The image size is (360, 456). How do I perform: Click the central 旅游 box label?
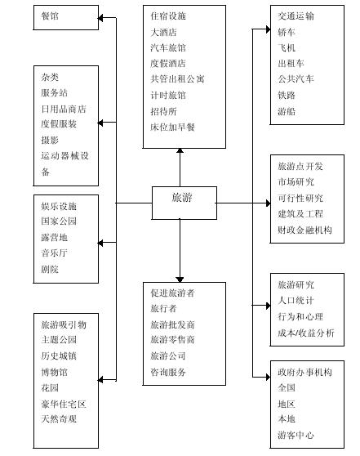[182, 198]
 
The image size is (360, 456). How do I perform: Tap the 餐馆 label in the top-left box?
[50, 16]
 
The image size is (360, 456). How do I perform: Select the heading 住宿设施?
[168, 16]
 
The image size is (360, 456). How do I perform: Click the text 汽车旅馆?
[168, 47]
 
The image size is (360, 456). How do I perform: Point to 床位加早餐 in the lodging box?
[172, 127]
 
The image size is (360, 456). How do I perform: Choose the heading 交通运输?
[296, 16]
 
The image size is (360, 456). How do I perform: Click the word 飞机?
[287, 47]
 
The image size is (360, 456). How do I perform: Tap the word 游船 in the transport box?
[287, 111]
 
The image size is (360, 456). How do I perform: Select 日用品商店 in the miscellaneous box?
[64, 109]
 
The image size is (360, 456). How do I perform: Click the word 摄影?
[50, 141]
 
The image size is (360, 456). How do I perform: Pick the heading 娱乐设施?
[59, 206]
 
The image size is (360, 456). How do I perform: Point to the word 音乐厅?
[54, 253]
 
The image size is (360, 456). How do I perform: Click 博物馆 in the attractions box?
[54, 372]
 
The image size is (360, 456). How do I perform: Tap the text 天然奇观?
[59, 418]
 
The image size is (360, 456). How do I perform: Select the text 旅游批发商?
[172, 324]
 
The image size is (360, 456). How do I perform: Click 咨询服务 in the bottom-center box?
[168, 372]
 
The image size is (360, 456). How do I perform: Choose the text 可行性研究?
[300, 198]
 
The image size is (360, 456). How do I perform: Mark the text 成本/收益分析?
[306, 333]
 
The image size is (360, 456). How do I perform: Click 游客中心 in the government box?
[296, 435]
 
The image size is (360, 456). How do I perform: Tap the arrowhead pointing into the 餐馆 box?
[100, 18]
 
